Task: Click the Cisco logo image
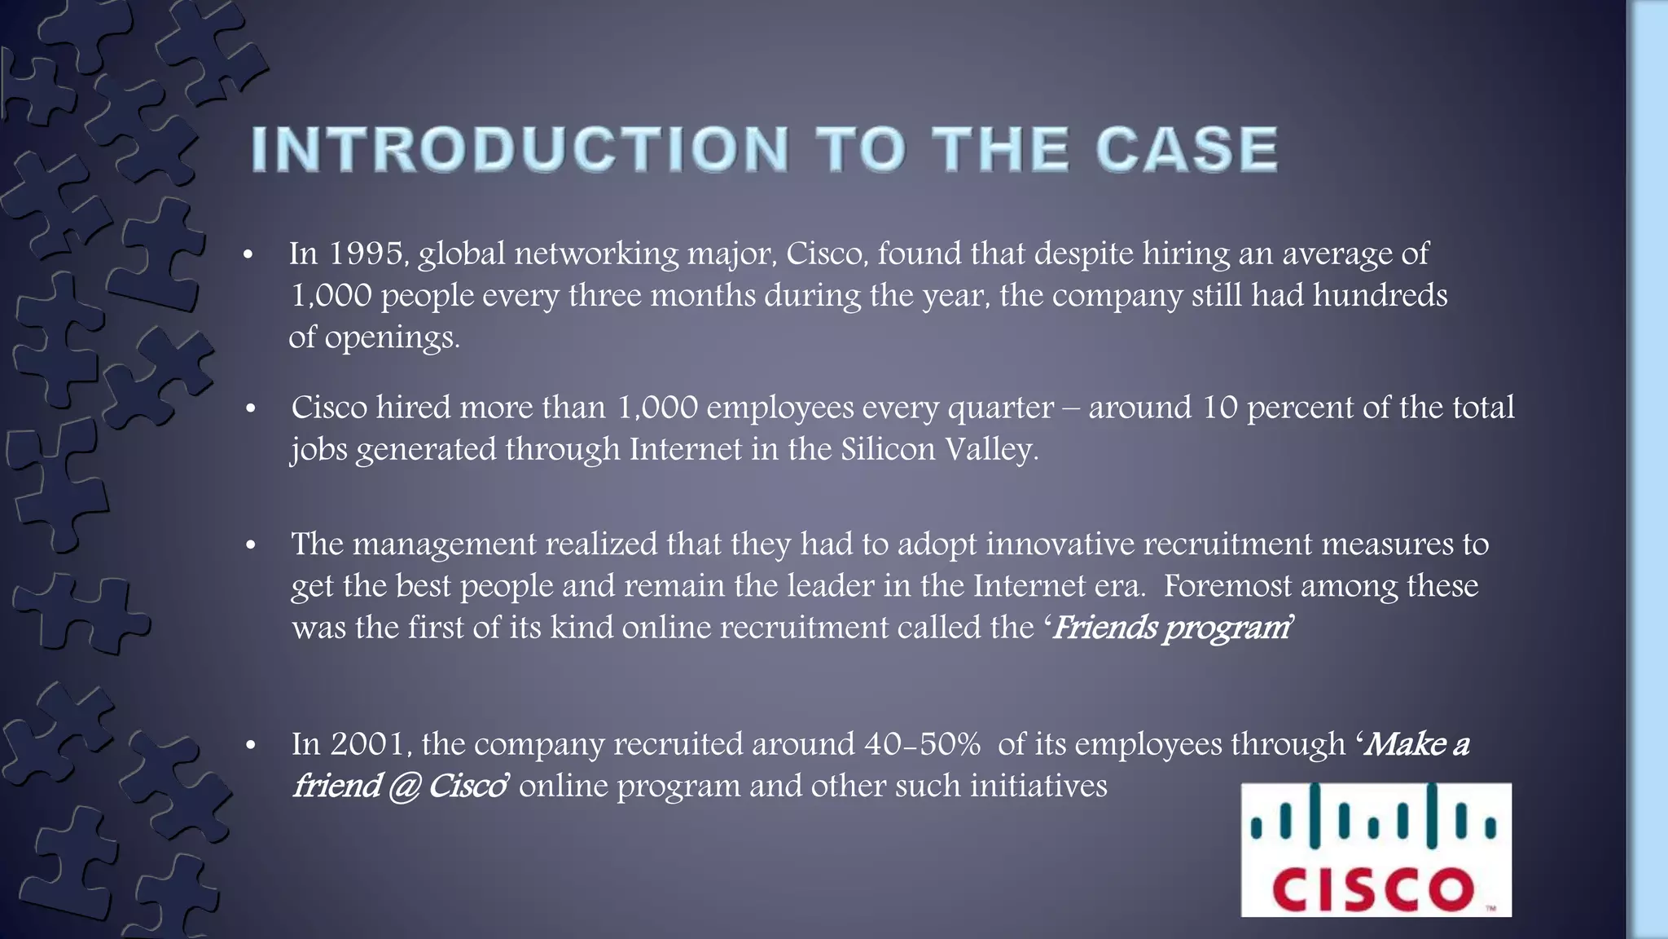(1376, 849)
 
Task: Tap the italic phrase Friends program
(1170, 628)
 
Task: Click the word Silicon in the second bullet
(889, 449)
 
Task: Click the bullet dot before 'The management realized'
(251, 545)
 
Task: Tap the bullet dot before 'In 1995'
(249, 255)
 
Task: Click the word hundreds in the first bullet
(1380, 295)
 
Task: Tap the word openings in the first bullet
(393, 337)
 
